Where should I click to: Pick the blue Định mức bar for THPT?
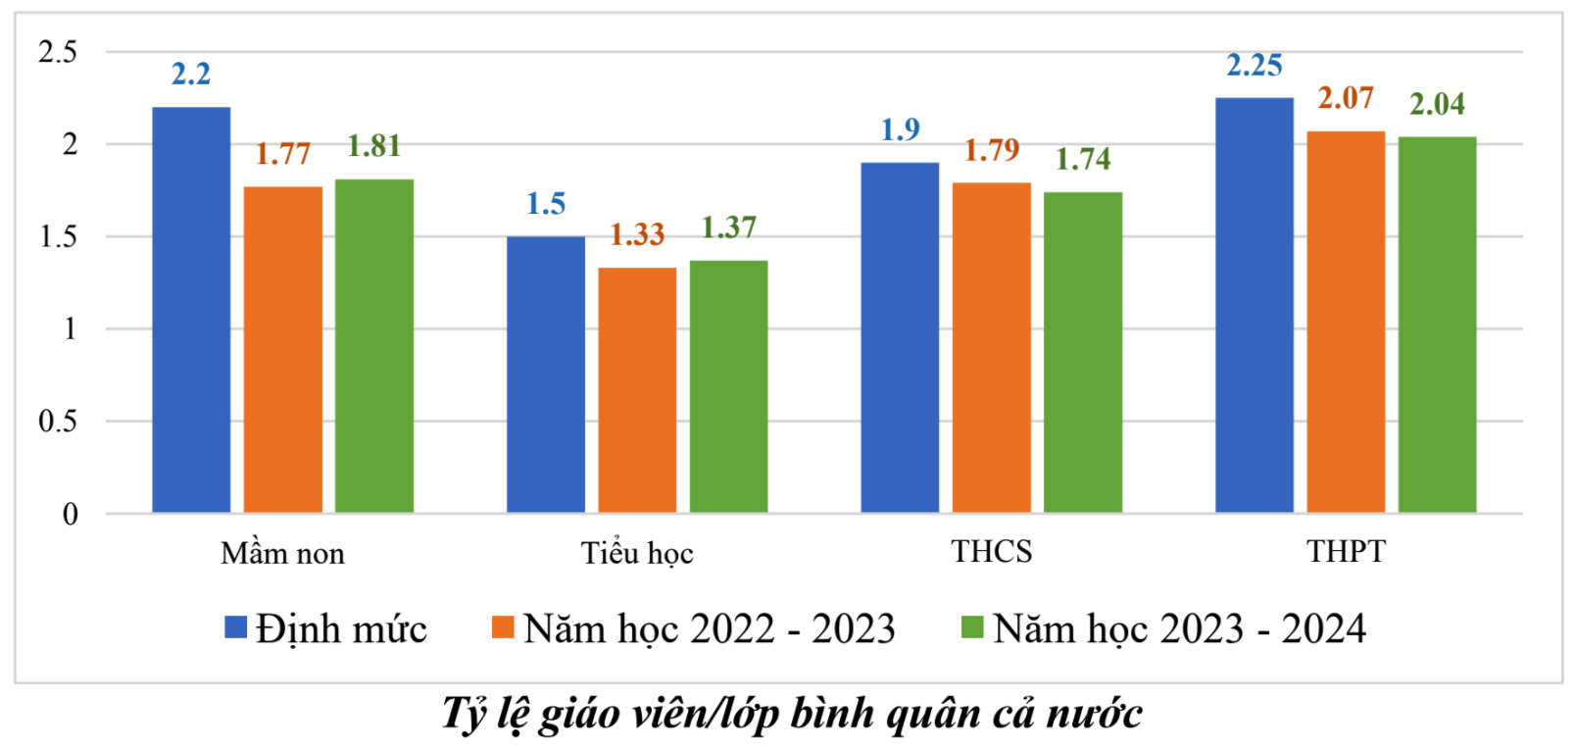click(x=1254, y=304)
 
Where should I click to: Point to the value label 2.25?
click(x=1254, y=66)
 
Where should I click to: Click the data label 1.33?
click(x=637, y=234)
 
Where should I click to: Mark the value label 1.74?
click(x=1082, y=159)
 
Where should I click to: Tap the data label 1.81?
click(x=373, y=146)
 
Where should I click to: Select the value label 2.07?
click(x=1346, y=98)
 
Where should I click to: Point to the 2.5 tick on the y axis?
click(x=58, y=52)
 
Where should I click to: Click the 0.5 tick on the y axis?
click(x=58, y=422)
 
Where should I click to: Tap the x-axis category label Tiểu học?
click(x=637, y=554)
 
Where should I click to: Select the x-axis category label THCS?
click(x=991, y=552)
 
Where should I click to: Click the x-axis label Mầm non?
click(x=282, y=554)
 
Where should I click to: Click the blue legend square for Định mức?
click(x=235, y=627)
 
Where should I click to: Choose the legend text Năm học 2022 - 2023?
click(x=709, y=629)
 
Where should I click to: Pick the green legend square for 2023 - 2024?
click(x=971, y=627)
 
